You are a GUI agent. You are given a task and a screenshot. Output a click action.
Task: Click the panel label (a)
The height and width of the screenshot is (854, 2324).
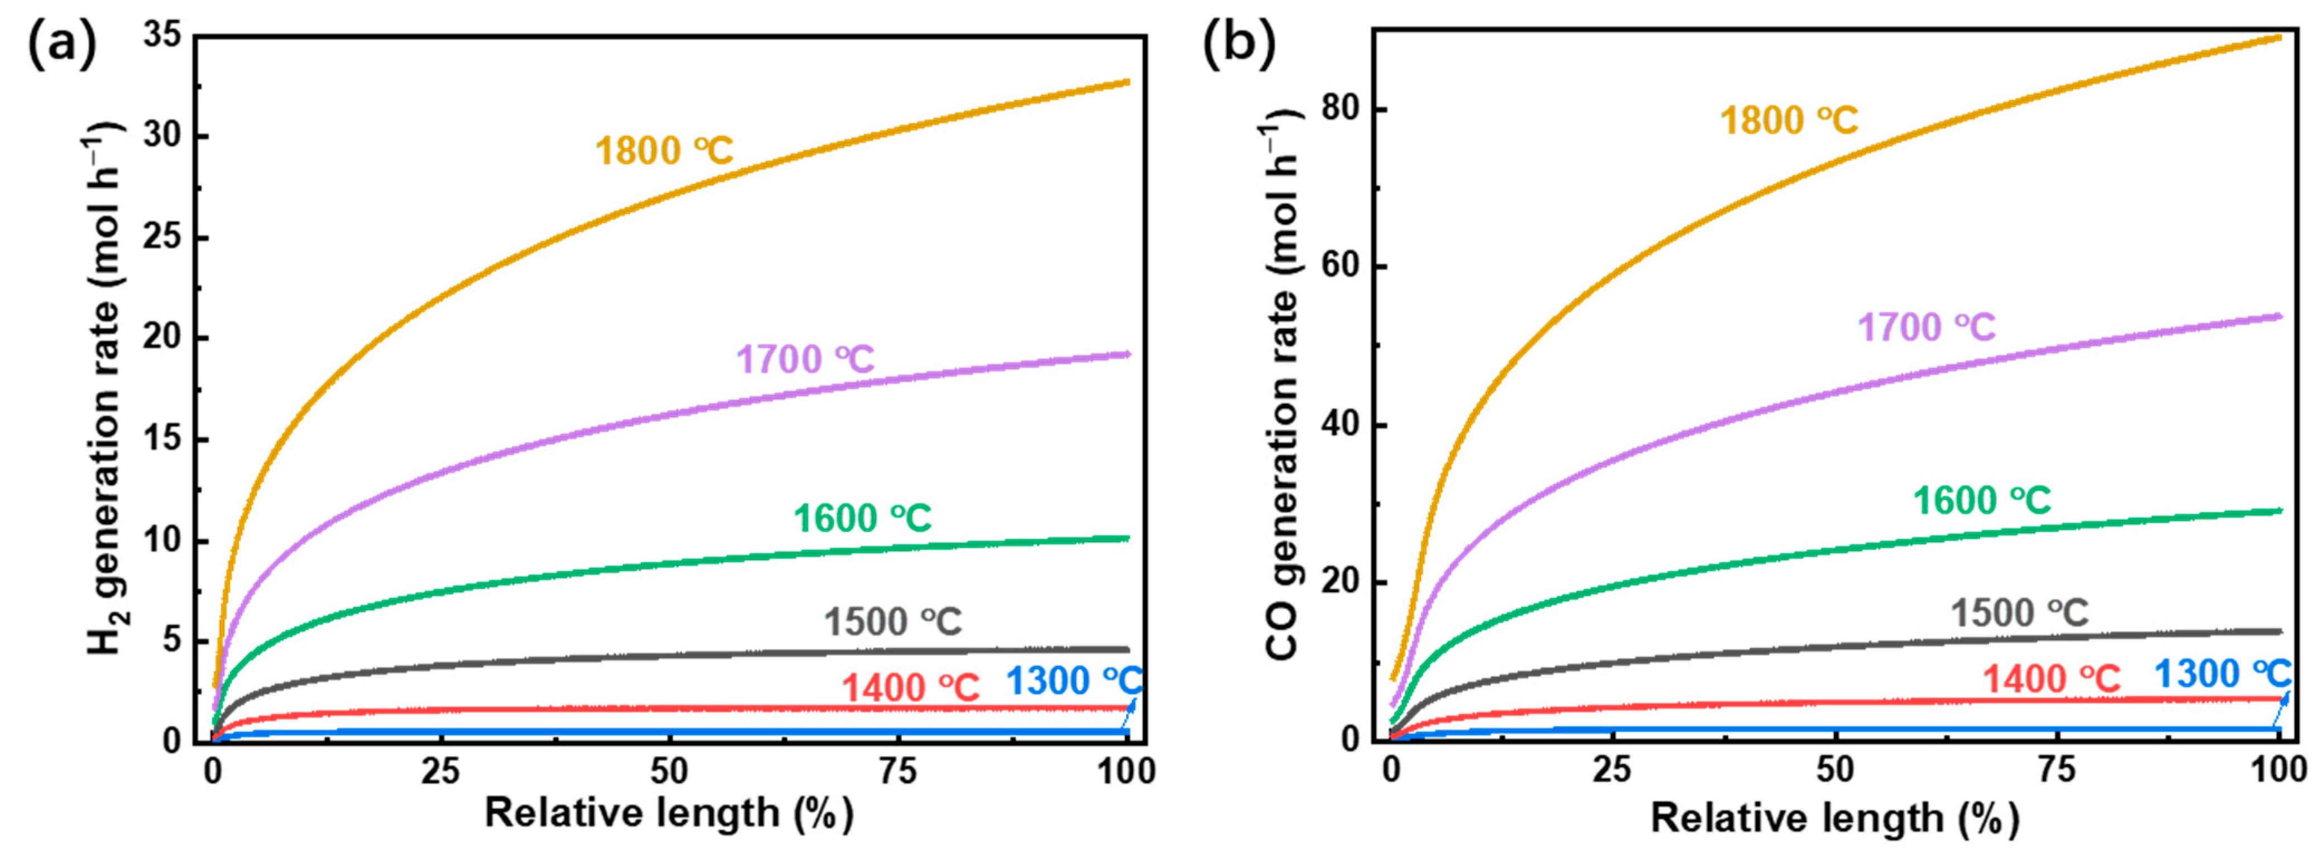pyautogui.click(x=61, y=45)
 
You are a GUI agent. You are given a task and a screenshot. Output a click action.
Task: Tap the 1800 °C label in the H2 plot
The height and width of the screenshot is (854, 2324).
pyautogui.click(x=664, y=151)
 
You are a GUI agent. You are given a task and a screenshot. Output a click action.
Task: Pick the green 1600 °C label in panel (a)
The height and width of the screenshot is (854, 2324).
pyautogui.click(x=862, y=519)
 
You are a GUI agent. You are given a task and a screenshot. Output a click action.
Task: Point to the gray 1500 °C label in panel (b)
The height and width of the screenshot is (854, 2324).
pyautogui.click(x=2020, y=613)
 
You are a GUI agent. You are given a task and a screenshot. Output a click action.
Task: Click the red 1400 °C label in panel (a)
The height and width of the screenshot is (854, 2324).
pyautogui.click(x=910, y=688)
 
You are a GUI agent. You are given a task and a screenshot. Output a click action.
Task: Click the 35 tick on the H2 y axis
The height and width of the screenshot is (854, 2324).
pyautogui.click(x=162, y=36)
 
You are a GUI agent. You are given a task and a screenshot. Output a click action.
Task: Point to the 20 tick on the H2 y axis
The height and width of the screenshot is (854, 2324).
pyautogui.click(x=162, y=339)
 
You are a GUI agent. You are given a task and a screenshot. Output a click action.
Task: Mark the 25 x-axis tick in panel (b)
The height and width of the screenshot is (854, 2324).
pyautogui.click(x=1613, y=769)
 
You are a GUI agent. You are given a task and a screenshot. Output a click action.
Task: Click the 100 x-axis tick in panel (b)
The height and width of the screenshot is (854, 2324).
pyautogui.click(x=2279, y=769)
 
